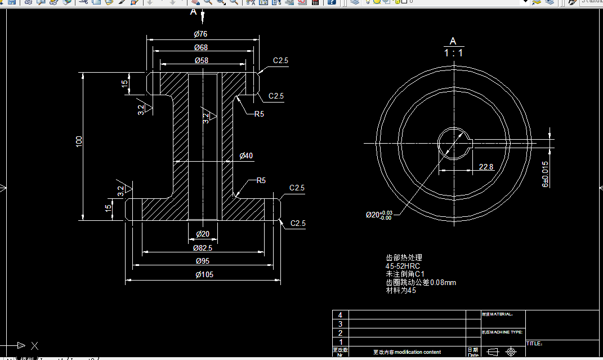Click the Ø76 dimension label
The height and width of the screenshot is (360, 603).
coord(201,34)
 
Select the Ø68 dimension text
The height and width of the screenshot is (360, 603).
coord(201,47)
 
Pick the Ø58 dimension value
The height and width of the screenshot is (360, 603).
coord(201,60)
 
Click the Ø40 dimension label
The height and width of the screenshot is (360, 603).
coord(246,155)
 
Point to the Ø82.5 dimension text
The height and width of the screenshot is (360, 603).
coord(203,248)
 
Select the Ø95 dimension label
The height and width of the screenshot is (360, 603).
coord(203,261)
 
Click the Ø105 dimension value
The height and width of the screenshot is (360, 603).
coord(204,275)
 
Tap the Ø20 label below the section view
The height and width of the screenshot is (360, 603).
coord(203,234)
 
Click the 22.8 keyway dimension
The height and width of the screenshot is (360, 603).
coord(485,167)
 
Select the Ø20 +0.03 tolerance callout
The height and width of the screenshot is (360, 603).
coord(378,215)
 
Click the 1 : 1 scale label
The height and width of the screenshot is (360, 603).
coord(453,53)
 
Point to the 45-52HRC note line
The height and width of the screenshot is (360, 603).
coord(403,266)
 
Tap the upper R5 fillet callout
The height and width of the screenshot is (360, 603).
coord(259,114)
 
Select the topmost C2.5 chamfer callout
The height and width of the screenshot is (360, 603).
coord(280,60)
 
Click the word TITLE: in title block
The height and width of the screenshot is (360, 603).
coord(534,343)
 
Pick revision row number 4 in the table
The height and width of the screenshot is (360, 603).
coord(340,315)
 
